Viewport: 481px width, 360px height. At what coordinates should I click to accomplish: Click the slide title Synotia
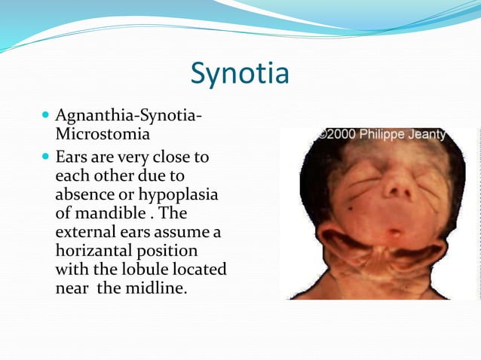coord(240,74)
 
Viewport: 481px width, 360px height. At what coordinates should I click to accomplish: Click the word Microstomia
coord(103,135)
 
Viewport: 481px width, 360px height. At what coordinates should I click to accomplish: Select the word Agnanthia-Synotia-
coord(128,117)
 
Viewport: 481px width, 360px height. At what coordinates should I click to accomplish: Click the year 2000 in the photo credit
coord(342,135)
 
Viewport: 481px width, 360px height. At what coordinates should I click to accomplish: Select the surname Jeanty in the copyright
coord(427,135)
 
